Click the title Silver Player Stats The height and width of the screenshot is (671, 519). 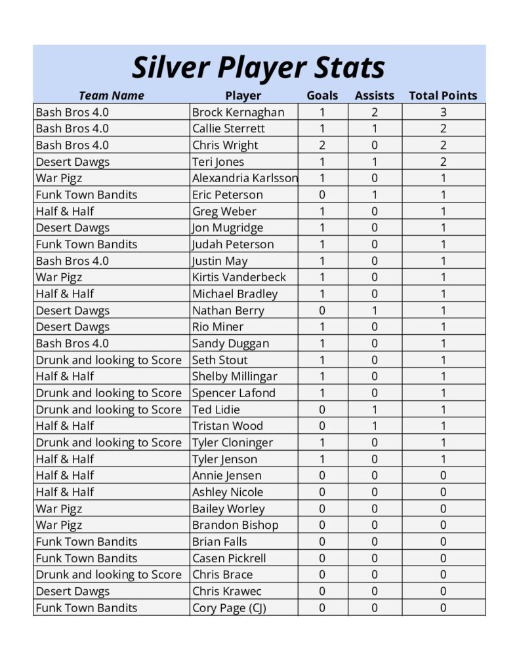coord(259,67)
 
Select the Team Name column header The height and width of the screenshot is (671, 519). coord(111,96)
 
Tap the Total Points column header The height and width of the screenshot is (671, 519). coord(443,96)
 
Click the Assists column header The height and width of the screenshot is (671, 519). coord(374,96)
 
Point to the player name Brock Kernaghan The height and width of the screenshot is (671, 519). coord(238,112)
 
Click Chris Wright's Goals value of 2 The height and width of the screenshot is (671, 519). coord(322,145)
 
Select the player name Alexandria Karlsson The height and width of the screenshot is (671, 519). coord(244,178)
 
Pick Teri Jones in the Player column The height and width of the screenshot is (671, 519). coord(218,162)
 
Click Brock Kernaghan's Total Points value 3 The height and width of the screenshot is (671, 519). coord(443,112)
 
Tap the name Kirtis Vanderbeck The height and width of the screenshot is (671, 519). coord(239,277)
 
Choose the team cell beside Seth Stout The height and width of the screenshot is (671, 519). coord(108,360)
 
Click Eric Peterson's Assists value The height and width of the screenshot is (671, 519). coord(374,195)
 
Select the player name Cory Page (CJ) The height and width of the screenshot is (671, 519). coord(229,607)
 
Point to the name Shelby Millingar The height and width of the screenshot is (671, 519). coord(234,376)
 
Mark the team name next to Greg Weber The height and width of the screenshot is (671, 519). coord(65,211)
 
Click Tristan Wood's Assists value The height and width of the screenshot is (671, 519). coord(374,426)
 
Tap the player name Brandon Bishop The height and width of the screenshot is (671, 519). coord(235,525)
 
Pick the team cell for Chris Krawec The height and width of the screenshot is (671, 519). coord(72,591)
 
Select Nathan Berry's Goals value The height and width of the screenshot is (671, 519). coord(322,311)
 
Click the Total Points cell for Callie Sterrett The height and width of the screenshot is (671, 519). coord(443,128)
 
